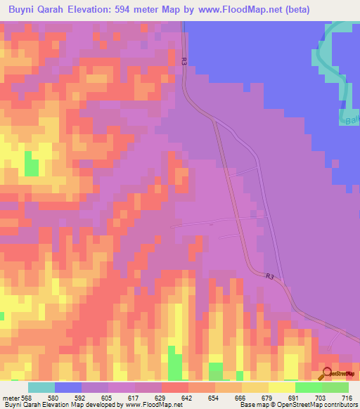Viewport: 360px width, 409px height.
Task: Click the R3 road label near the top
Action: (184, 62)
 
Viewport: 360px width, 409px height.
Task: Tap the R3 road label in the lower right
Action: (269, 276)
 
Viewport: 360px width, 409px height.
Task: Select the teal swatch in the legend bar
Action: (41, 388)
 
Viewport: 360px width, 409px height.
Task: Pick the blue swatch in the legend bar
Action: (68, 388)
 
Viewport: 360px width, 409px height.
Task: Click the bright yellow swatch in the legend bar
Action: (282, 388)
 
